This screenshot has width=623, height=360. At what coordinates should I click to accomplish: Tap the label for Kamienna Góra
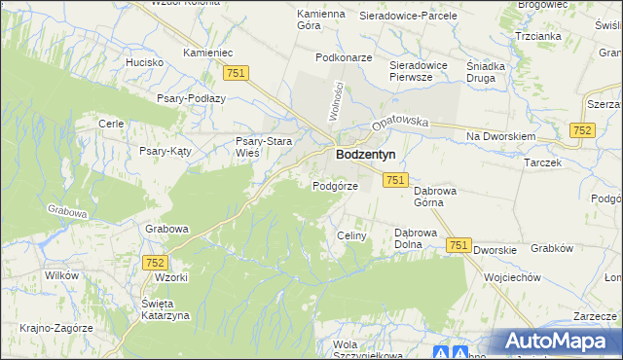pyautogui.click(x=321, y=21)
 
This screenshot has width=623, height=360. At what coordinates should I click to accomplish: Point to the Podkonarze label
pyautogui.click(x=344, y=57)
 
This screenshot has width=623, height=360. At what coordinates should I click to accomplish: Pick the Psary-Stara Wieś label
pyautogui.click(x=262, y=148)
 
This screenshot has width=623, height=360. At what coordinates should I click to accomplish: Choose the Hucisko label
pyautogui.click(x=144, y=61)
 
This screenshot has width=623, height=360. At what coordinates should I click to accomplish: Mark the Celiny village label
pyautogui.click(x=350, y=235)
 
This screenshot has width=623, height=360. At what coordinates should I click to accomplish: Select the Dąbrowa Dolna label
pyautogui.click(x=420, y=239)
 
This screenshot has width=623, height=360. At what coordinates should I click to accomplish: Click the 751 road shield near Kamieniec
pyautogui.click(x=236, y=73)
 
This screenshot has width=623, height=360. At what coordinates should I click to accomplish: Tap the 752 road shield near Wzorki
pyautogui.click(x=154, y=263)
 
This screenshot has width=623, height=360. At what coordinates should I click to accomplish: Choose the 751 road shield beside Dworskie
pyautogui.click(x=459, y=247)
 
